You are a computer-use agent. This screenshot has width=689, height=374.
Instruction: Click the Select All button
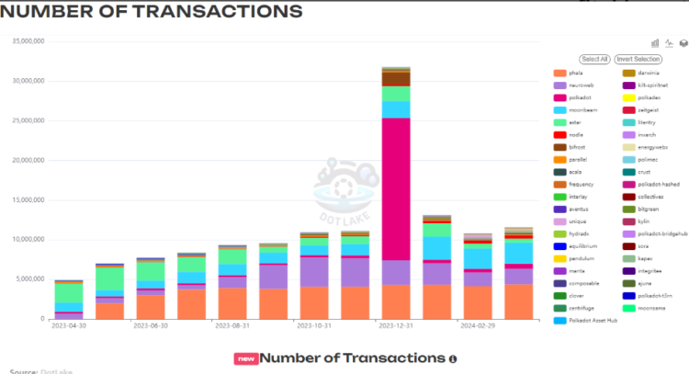594,59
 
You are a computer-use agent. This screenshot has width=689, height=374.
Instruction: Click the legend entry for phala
575,73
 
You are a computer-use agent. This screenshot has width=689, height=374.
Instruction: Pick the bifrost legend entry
578,146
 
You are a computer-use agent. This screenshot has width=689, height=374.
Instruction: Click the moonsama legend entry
652,308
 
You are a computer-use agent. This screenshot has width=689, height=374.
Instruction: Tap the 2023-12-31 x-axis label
396,325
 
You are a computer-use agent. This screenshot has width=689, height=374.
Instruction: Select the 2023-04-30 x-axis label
69,325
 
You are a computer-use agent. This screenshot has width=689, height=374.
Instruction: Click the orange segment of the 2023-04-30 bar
69,316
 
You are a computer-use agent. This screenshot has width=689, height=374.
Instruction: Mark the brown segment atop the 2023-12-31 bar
396,78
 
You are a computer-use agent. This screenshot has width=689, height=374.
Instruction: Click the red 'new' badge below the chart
244,358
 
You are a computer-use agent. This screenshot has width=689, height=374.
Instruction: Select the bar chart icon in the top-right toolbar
656,42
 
